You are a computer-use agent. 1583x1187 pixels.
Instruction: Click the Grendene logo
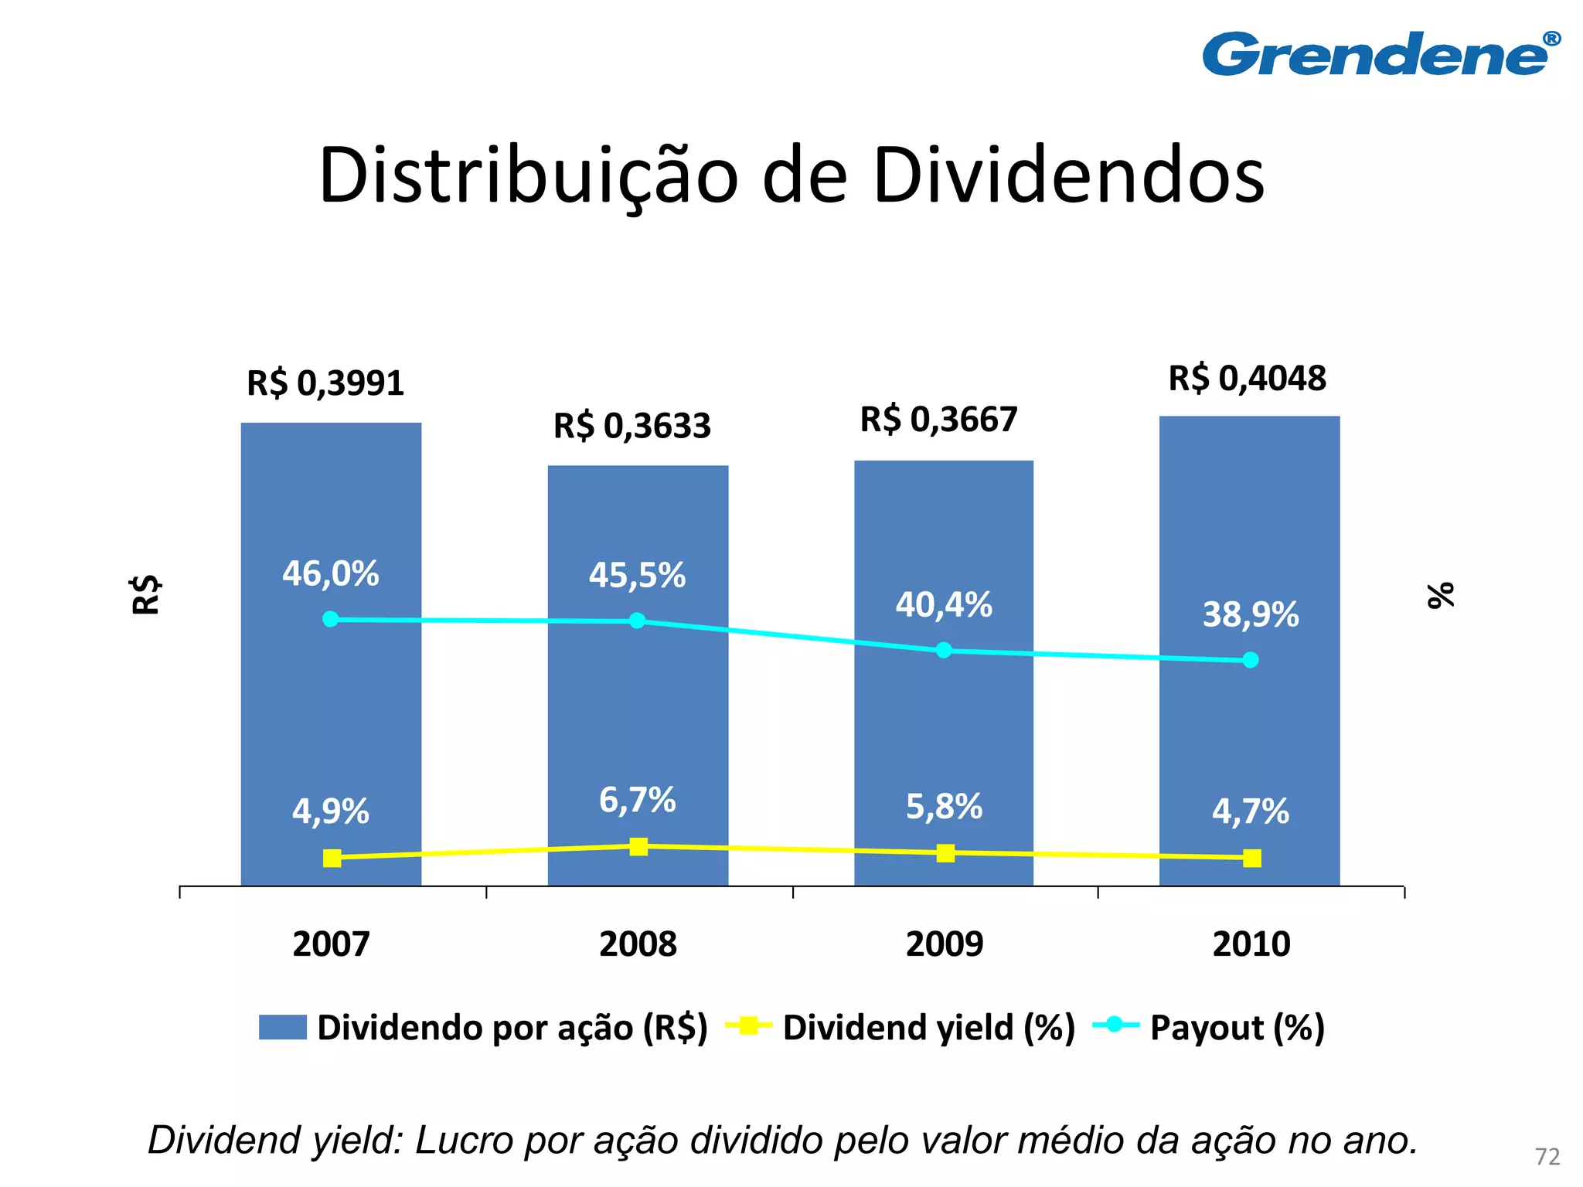[x=1380, y=54]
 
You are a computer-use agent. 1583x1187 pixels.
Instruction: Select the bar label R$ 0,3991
[x=325, y=383]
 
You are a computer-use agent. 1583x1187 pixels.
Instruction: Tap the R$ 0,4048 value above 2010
[x=1247, y=379]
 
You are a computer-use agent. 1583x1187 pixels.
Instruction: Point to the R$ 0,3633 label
[x=631, y=426]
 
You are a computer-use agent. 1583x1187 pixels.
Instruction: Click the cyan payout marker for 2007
[x=330, y=619]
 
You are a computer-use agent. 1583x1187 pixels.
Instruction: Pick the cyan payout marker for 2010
[x=1250, y=660]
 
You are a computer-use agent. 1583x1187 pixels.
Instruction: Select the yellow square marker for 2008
[x=638, y=847]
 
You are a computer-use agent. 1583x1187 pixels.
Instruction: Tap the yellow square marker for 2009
[x=945, y=853]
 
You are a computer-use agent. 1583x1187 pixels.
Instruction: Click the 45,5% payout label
[x=637, y=576]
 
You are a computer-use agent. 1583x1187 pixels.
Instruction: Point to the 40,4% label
[x=943, y=605]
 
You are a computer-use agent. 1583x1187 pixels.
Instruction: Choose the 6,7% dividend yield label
[x=637, y=801]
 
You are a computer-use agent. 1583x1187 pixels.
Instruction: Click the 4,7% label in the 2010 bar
[x=1250, y=811]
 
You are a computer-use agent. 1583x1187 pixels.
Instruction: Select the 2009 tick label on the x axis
[x=944, y=944]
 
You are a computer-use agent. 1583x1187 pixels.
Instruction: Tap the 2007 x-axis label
[x=331, y=944]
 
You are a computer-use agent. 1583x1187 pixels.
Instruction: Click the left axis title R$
[x=145, y=594]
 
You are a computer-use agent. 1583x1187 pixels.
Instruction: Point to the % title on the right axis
[x=1440, y=595]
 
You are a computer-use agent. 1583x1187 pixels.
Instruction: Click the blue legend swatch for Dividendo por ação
[x=282, y=1027]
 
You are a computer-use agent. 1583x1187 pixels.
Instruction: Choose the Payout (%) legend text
[x=1237, y=1028]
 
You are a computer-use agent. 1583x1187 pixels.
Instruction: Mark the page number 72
[x=1547, y=1157]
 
